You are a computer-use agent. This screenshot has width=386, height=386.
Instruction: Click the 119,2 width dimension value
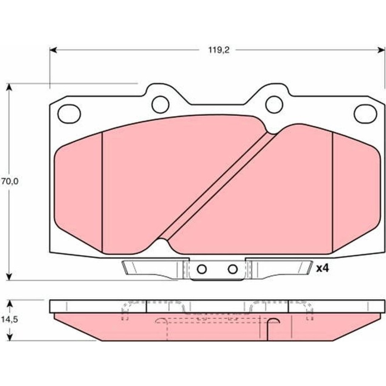[219, 50]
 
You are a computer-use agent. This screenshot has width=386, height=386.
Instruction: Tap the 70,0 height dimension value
[10, 181]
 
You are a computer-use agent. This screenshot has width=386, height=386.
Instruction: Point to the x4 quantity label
[322, 268]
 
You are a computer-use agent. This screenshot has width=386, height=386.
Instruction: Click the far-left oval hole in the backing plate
[69, 113]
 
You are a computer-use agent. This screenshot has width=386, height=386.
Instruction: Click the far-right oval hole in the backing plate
[365, 113]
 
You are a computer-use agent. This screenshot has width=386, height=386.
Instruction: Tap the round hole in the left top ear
[161, 104]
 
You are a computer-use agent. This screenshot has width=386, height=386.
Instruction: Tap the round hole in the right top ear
[274, 104]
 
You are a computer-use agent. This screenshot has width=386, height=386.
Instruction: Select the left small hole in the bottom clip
[202, 269]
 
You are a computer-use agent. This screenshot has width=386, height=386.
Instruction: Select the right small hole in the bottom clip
[233, 269]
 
